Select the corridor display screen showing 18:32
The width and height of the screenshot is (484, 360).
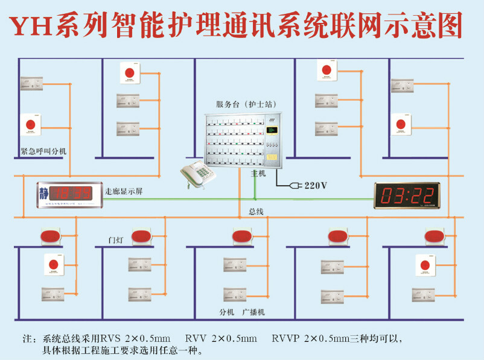pyautogui.click(x=69, y=194)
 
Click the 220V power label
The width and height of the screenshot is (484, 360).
pyautogui.click(x=316, y=185)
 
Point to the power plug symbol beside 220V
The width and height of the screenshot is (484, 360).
pyautogui.click(x=294, y=185)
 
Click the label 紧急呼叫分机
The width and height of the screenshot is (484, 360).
pyautogui.click(x=39, y=152)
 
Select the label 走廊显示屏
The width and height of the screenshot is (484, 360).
pyautogui.click(x=124, y=192)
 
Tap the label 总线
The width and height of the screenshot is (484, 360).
pyautogui.click(x=256, y=212)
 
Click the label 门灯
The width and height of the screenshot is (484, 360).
pyautogui.click(x=115, y=241)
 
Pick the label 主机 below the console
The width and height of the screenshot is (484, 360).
pyautogui.click(x=258, y=173)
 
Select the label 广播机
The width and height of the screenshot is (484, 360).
pyautogui.click(x=253, y=312)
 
